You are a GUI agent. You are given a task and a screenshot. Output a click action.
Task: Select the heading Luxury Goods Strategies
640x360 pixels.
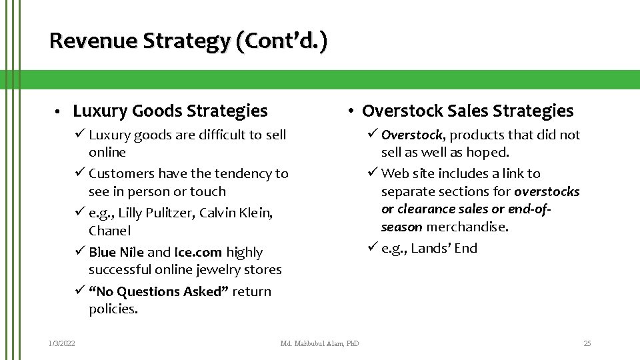pyautogui.click(x=170, y=111)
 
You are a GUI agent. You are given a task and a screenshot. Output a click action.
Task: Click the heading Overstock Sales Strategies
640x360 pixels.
pyautogui.click(x=467, y=111)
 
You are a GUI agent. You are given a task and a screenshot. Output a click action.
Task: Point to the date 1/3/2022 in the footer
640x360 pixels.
pyautogui.click(x=61, y=343)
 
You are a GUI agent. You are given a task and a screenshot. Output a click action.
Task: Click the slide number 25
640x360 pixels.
pyautogui.click(x=587, y=343)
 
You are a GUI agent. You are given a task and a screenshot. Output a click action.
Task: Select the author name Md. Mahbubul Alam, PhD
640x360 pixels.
pyautogui.click(x=319, y=343)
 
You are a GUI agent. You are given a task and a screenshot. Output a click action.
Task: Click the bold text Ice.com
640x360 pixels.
pyautogui.click(x=198, y=252)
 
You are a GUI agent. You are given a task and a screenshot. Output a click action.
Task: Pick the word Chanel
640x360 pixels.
pyautogui.click(x=109, y=231)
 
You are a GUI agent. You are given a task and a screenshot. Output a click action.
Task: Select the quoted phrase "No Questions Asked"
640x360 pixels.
pyautogui.click(x=159, y=291)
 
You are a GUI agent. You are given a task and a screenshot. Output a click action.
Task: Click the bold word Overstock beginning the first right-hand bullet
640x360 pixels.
pyautogui.click(x=412, y=135)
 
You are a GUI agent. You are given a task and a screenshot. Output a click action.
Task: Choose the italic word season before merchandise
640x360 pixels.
pyautogui.click(x=401, y=227)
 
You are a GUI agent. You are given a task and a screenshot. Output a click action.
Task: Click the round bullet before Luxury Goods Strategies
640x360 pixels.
pyautogui.click(x=59, y=111)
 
